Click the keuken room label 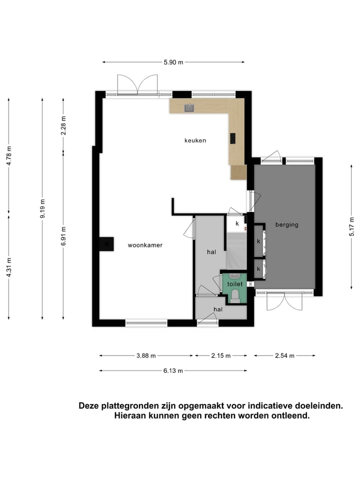tap(195, 140)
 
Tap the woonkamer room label tap(145, 245)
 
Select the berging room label tap(286, 224)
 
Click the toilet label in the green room tap(234, 284)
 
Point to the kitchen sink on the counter tap(189, 107)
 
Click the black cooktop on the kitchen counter tap(232, 138)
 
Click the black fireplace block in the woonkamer tap(105, 244)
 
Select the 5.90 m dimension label tap(173, 62)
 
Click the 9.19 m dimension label tap(42, 208)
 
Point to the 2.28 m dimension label tap(63, 125)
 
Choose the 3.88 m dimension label tap(146, 355)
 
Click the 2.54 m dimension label tap(284, 355)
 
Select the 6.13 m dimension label tap(173, 370)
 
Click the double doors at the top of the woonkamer tap(137, 85)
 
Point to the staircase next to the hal tap(235, 252)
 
